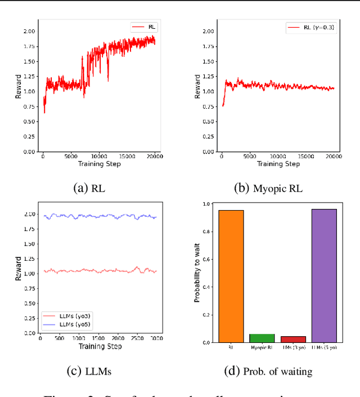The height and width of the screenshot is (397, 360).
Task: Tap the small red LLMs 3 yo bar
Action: [293, 339]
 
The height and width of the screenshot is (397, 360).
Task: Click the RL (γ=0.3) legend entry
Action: [312, 26]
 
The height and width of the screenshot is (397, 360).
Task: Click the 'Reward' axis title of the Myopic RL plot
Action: [197, 87]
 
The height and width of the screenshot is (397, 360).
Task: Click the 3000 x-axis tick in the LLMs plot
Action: [155, 338]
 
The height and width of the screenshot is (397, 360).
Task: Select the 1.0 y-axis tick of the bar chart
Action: [206, 204]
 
